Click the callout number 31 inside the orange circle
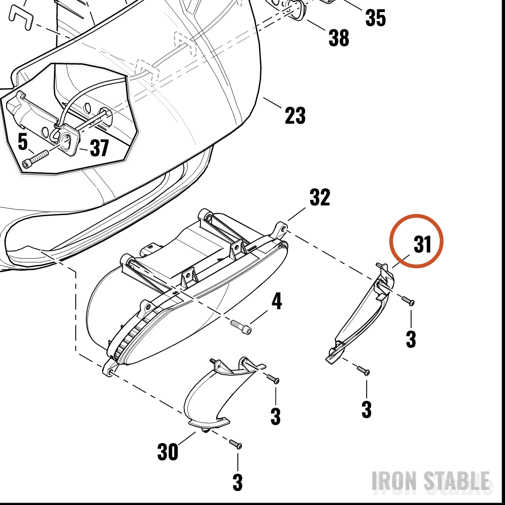tap(422, 244)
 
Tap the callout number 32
tap(320, 197)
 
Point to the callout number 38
tap(338, 38)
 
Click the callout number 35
tap(376, 18)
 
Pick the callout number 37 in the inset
tap(99, 148)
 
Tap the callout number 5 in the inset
tap(23, 142)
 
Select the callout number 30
tap(168, 451)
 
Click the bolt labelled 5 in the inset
tap(35, 159)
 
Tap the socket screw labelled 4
tap(241, 327)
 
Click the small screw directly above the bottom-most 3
tap(235, 444)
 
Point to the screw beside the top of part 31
tap(408, 301)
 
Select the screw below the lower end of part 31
tap(363, 370)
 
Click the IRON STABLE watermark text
tap(431, 481)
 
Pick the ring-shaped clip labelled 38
tap(295, 10)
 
